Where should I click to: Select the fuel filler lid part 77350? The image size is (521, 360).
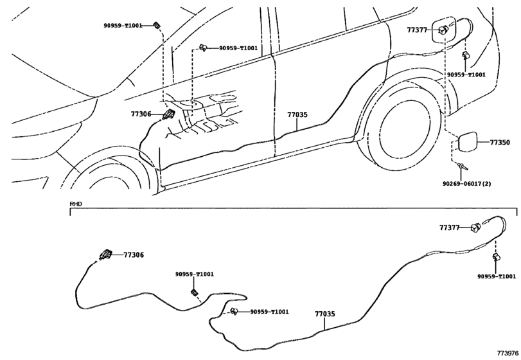[x=468, y=141]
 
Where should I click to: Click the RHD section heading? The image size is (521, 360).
[x=76, y=204]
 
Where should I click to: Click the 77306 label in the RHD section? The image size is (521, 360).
[x=134, y=255]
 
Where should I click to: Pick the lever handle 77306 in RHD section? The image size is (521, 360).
[x=105, y=254]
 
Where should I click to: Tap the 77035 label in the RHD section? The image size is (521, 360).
[x=324, y=314]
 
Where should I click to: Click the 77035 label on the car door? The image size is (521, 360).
[x=297, y=115]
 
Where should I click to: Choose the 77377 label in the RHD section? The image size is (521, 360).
[x=450, y=228]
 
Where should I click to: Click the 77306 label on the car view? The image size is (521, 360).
[x=141, y=114]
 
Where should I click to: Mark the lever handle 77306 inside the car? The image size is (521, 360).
[x=169, y=116]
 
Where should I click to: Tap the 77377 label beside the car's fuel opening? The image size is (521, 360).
[x=417, y=30]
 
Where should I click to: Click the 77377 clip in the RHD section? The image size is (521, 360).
[x=475, y=227]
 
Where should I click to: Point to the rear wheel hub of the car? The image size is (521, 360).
[x=403, y=132]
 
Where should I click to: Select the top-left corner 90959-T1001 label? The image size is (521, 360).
[x=123, y=26]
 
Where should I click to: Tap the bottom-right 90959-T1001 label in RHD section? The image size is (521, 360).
[x=496, y=276]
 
